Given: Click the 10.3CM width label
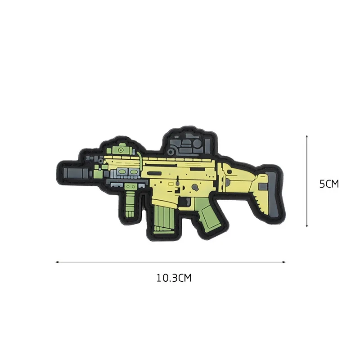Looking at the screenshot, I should click(174, 278).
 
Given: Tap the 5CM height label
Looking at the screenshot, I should click(328, 184).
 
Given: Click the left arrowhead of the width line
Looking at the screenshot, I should click(58, 261).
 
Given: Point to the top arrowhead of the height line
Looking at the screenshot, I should click(307, 135).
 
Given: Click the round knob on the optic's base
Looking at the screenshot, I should click(171, 152).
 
